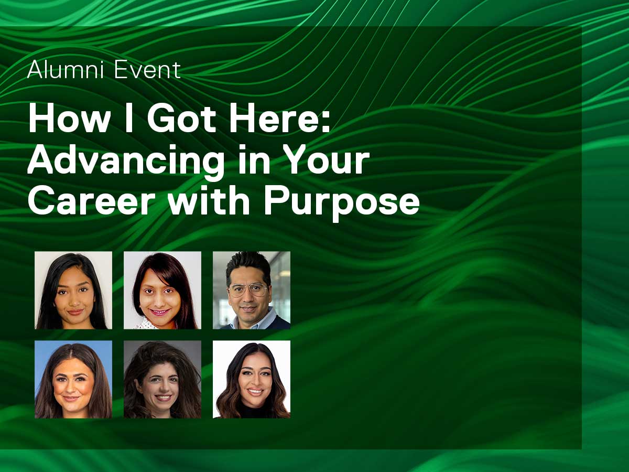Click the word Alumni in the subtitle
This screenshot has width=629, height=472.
click(66, 70)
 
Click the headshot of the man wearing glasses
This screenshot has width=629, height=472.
click(251, 290)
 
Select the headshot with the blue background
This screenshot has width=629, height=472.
click(73, 379)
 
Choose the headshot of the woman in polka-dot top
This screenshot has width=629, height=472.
click(162, 290)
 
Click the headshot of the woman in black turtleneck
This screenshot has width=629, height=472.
click(251, 379)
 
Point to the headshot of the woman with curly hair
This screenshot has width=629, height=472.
click(162, 379)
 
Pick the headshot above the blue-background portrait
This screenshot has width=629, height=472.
click(73, 290)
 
